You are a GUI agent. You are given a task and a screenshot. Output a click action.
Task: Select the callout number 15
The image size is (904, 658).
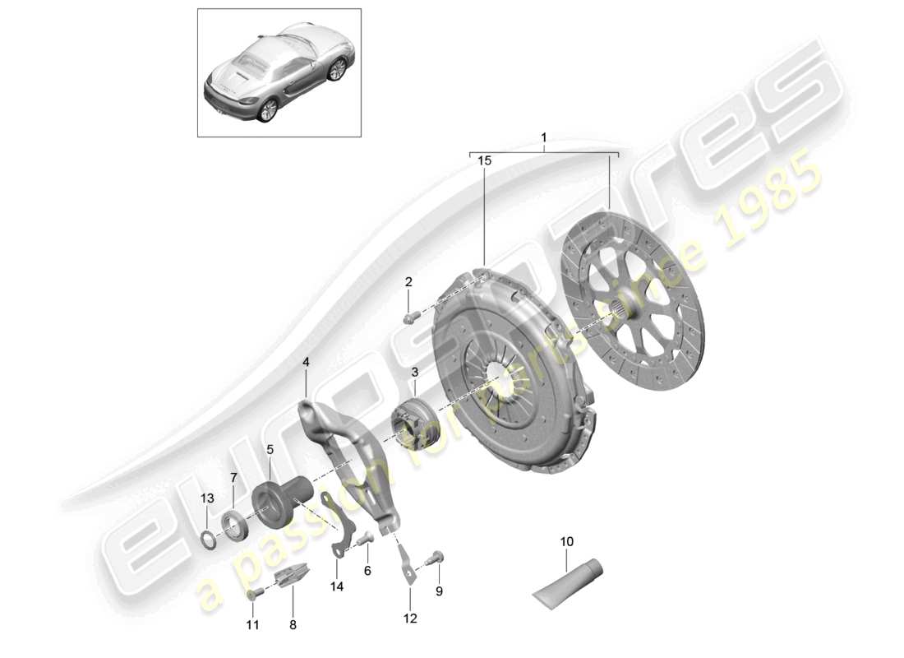[484, 162]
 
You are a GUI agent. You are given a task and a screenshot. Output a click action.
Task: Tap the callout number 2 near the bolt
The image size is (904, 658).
[408, 283]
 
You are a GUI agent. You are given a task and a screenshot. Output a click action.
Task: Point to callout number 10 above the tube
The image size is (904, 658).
[567, 541]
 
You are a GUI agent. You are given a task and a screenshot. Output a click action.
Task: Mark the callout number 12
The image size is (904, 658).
[410, 619]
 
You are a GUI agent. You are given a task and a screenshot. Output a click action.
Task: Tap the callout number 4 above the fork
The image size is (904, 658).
[306, 361]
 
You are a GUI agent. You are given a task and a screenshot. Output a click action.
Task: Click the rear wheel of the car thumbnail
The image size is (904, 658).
[265, 112]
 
